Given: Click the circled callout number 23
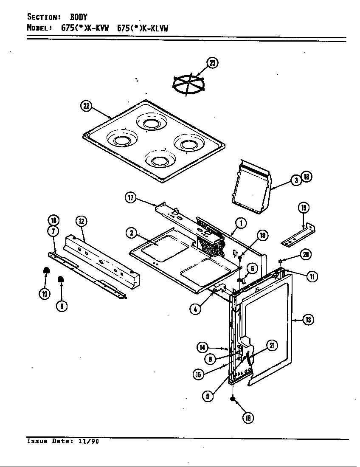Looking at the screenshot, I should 212,63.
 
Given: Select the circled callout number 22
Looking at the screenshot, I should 86,106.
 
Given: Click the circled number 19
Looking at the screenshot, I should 303,208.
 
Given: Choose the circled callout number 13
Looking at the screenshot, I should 309,319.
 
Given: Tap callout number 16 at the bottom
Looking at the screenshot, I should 248,418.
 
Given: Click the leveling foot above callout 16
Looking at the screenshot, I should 233,399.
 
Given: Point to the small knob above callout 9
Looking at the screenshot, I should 61,279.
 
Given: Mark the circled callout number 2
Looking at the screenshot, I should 132,232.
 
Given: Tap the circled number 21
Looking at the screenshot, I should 272,346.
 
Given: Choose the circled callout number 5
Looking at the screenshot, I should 208,396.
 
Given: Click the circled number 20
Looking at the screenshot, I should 305,254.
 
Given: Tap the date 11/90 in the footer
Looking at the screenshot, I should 88,441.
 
